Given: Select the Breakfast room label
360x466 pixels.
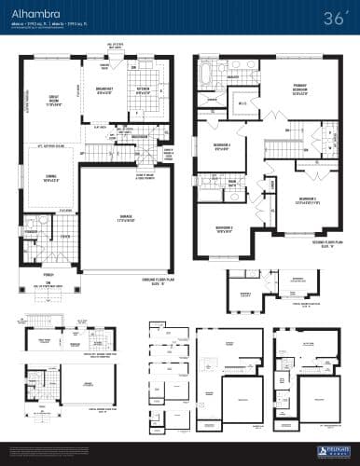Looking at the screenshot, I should (x=105, y=91).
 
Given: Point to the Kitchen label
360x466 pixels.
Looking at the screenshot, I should (x=145, y=91).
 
